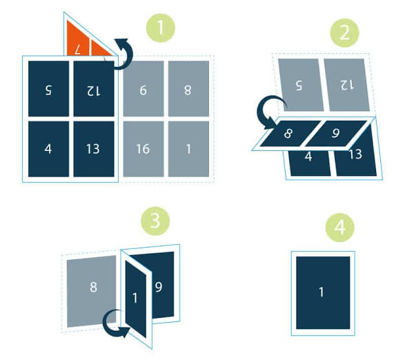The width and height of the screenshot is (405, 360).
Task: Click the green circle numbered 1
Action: click(x=160, y=28)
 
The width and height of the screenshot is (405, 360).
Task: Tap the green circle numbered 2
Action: click(x=344, y=33)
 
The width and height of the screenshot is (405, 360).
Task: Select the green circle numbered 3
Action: click(x=155, y=221)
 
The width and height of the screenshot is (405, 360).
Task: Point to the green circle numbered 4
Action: click(x=339, y=228)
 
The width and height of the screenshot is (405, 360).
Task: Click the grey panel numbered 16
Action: click(x=144, y=149)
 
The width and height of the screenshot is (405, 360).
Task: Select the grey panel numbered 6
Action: click(x=144, y=88)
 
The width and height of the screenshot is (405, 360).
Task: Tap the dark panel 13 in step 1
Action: click(x=94, y=149)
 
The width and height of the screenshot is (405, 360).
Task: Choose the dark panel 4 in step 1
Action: click(x=48, y=149)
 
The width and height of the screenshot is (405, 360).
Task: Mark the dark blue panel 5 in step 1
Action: click(x=48, y=88)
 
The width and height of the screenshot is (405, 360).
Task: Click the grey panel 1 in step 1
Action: click(x=188, y=149)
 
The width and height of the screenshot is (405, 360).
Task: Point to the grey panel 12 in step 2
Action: click(x=347, y=85)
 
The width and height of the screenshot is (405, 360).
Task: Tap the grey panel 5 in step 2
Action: click(x=301, y=85)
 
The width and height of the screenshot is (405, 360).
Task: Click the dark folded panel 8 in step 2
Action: click(x=290, y=134)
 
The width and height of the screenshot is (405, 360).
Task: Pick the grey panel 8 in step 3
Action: click(x=92, y=291)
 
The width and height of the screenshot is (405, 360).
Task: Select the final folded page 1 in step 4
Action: click(x=323, y=293)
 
